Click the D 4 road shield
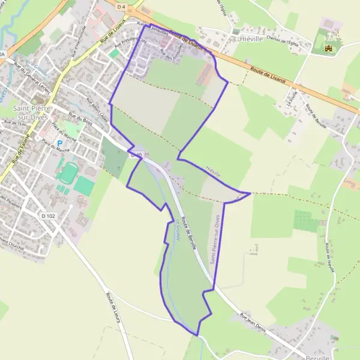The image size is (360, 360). pos(122,6)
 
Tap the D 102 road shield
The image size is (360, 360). pos(49,215)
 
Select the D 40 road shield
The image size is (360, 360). pos(136,155)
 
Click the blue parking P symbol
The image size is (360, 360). pos(59,143)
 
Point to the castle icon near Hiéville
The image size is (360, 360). pos(328,48)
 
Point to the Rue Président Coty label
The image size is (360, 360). pos(126,44)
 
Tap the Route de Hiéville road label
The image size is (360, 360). pos(328,257)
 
